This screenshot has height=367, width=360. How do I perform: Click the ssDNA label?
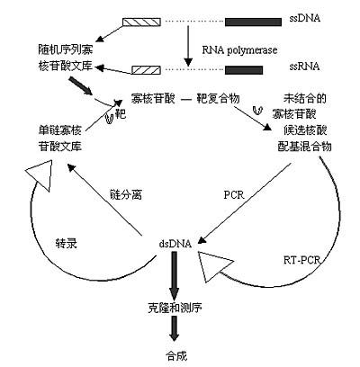[x=305, y=18]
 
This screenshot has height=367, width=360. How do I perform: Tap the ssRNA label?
[x=304, y=67]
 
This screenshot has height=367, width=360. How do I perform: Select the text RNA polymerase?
[x=239, y=50]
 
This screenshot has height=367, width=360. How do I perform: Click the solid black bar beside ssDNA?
[x=253, y=22]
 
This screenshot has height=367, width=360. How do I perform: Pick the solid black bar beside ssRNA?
[x=244, y=70]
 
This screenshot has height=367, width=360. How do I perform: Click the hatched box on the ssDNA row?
[x=141, y=22]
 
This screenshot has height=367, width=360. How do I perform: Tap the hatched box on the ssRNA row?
[x=147, y=70]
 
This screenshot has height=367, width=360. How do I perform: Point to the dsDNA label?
[x=175, y=244]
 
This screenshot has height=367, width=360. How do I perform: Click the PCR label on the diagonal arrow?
[x=234, y=195]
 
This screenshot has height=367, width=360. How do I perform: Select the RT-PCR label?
[x=301, y=260]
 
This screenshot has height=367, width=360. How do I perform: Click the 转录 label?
[x=67, y=244]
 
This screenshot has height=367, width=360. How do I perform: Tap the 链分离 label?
[x=126, y=195]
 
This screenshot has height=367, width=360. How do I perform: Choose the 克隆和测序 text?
[x=175, y=308]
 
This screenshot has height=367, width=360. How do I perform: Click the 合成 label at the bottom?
[x=176, y=356]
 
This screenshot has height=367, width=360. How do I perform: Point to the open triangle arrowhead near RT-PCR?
[x=213, y=266]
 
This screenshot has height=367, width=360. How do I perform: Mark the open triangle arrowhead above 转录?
[x=40, y=175]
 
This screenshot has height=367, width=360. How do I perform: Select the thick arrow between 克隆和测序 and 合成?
[x=174, y=328]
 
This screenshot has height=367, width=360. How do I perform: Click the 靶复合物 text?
[x=218, y=98]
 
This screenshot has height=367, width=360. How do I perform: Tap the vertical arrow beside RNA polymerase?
[x=188, y=46]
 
